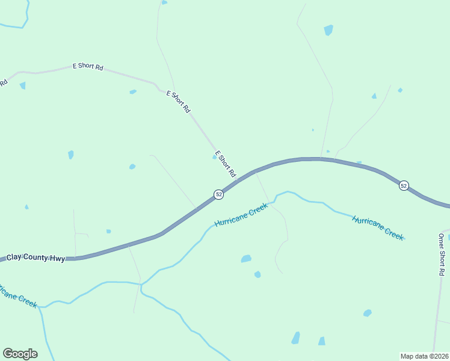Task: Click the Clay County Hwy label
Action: (x=35, y=258)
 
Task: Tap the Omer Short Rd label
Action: (x=442, y=254)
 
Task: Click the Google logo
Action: (x=20, y=354)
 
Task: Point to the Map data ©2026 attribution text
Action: (x=424, y=356)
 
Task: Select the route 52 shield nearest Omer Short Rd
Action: (x=404, y=186)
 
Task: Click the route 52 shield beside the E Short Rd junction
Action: (x=219, y=194)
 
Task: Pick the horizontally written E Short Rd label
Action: (x=88, y=66)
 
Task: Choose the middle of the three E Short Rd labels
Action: (x=178, y=101)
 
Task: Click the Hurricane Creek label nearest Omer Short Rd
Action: (x=378, y=227)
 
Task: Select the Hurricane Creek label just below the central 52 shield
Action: (x=241, y=214)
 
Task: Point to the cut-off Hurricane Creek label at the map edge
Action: (x=18, y=294)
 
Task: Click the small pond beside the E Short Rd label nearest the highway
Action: (x=215, y=156)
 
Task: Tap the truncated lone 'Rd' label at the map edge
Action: (x=3, y=82)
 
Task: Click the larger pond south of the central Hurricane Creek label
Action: (x=246, y=259)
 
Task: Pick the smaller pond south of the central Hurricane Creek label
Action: (x=257, y=274)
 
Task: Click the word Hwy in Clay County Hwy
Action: (x=57, y=258)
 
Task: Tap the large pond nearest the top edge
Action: (x=328, y=29)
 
